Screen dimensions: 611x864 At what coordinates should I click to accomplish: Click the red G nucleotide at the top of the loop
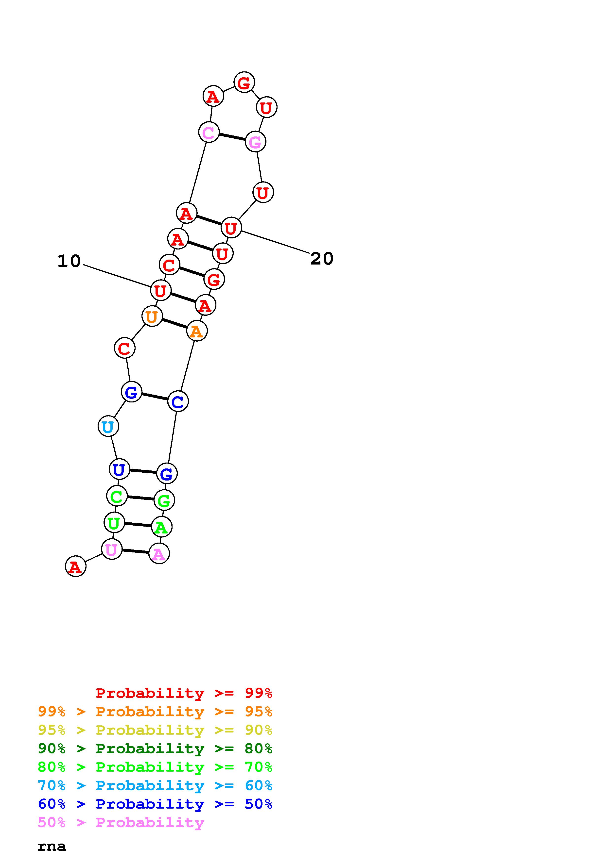pos(244,82)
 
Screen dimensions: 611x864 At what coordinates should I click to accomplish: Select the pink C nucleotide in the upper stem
pos(209,132)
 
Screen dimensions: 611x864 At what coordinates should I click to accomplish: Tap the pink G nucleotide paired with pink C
pos(255,142)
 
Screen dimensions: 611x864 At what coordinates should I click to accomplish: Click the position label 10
pos(69,261)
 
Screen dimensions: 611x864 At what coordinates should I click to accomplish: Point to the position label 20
pos(322,259)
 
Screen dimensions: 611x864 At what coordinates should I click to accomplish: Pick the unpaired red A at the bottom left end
pos(76,566)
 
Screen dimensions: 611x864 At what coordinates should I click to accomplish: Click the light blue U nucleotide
pos(108,426)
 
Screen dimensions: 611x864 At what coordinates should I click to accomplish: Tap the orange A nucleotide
pos(197,331)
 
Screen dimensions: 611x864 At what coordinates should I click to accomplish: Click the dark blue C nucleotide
pos(178,401)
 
